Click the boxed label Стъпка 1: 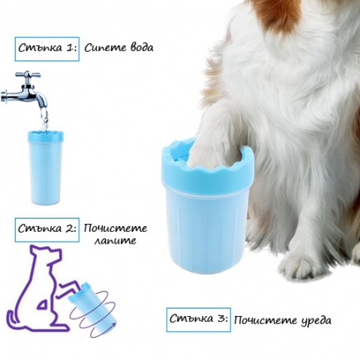point(47,49)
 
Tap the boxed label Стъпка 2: point(47,229)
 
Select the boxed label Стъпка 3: point(198,319)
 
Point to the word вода point(142,48)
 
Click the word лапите point(115,241)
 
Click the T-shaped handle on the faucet point(28,76)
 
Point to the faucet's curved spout point(40,98)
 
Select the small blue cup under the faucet point(45,167)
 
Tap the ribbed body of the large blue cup point(207,229)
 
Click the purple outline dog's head point(48,254)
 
